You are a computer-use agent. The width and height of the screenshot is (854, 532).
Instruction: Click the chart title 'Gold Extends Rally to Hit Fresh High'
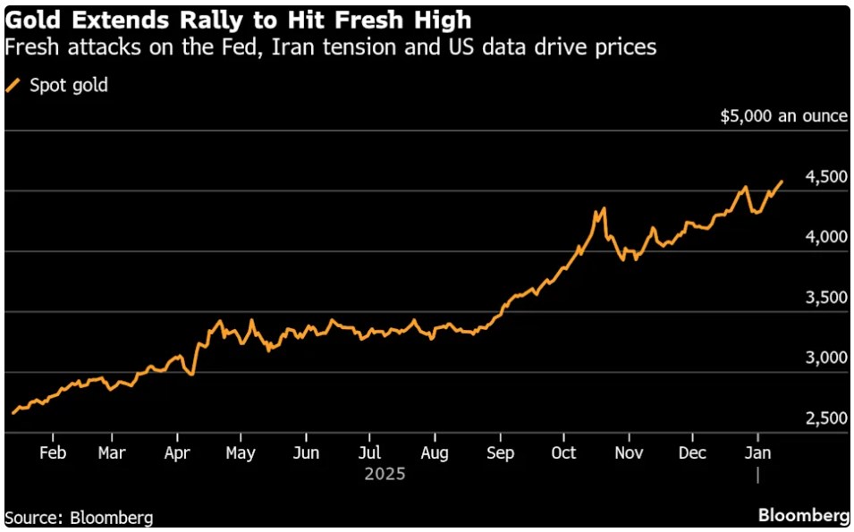(x=238, y=19)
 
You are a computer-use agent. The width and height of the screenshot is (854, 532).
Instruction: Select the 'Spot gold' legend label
(x=69, y=86)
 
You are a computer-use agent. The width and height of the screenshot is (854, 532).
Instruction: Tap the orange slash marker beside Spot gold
(x=13, y=86)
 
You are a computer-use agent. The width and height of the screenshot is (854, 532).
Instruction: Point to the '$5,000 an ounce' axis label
(x=783, y=116)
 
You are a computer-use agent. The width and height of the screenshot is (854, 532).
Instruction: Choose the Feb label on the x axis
(x=53, y=452)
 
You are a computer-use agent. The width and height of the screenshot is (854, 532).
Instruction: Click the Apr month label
(x=178, y=452)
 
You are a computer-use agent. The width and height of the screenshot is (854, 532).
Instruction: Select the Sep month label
(x=501, y=452)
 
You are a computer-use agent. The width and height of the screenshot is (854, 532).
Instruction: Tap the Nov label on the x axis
(x=629, y=452)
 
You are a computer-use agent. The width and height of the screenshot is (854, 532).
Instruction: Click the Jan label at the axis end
(x=758, y=452)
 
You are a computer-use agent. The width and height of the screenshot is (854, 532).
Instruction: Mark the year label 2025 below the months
(x=385, y=474)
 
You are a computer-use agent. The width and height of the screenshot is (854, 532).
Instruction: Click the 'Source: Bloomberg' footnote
(x=79, y=518)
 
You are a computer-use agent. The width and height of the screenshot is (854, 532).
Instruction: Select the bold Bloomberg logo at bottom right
(x=803, y=516)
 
